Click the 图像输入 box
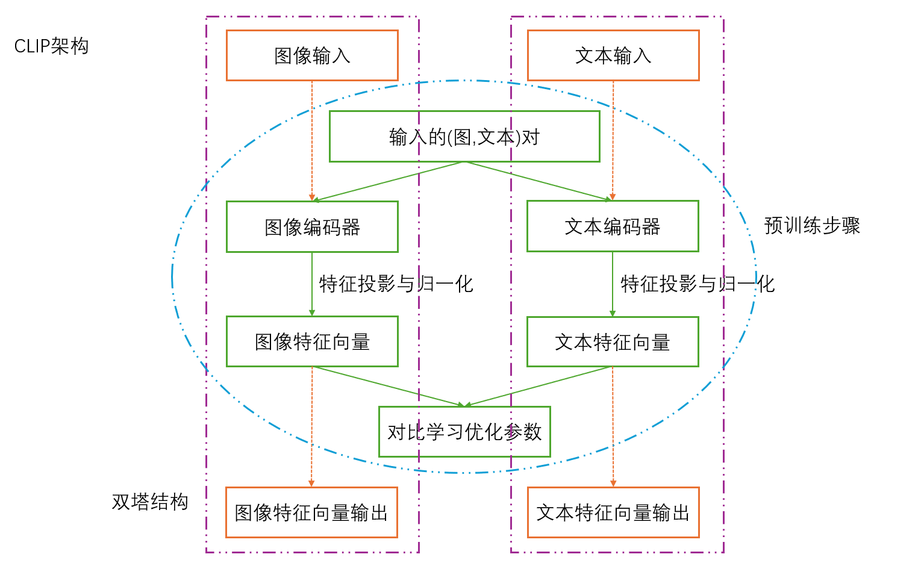(312, 55)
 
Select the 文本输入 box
(613, 55)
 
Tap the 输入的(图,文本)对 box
(464, 137)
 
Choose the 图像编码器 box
(312, 226)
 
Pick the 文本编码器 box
(613, 226)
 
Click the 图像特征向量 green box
(312, 341)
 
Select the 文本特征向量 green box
(613, 341)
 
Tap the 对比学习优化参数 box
(464, 432)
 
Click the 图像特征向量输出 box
(311, 512)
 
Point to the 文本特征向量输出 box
(613, 512)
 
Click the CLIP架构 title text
(51, 46)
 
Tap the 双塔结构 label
(150, 502)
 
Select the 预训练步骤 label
(811, 226)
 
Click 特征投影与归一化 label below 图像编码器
(396, 284)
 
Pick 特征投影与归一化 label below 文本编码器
(698, 284)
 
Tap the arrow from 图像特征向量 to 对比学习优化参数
(389, 386)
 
